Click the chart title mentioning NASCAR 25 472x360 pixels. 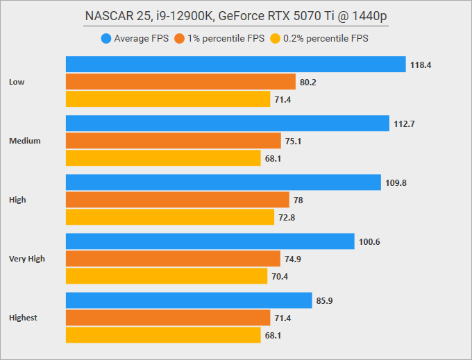(x=236, y=17)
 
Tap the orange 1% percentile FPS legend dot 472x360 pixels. (x=180, y=39)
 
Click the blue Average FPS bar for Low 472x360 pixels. (x=235, y=65)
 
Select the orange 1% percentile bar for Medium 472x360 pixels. (x=174, y=141)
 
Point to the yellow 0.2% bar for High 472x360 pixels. (x=170, y=218)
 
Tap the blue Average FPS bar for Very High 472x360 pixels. (x=210, y=241)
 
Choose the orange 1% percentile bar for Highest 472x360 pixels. (x=168, y=318)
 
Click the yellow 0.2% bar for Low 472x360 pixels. (x=168, y=99)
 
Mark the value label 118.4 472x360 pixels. (x=421, y=65)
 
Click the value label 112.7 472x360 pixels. (x=405, y=124)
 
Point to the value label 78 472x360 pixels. (x=299, y=200)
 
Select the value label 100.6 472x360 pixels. (x=371, y=242)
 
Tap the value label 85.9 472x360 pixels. (x=327, y=301)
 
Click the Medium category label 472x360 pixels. (x=24, y=141)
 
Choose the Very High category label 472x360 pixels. (x=27, y=259)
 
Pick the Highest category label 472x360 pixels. (x=24, y=318)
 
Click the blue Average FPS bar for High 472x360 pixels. (x=224, y=182)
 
